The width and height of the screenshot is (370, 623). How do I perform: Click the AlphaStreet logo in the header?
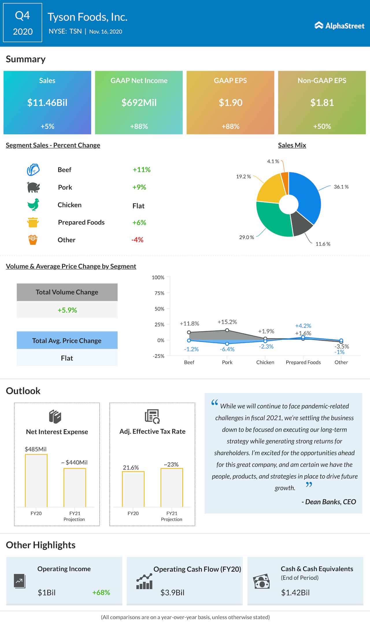(x=339, y=26)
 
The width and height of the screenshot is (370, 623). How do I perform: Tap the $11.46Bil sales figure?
(x=47, y=103)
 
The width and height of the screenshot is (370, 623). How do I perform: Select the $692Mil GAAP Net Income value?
(x=139, y=103)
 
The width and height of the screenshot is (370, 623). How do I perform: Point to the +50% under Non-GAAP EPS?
(x=322, y=126)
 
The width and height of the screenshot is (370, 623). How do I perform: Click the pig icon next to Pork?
(x=33, y=187)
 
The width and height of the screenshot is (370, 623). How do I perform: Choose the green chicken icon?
(x=33, y=205)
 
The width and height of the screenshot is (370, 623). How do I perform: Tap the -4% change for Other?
(x=137, y=240)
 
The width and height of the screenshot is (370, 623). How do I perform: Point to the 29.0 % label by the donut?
(x=247, y=237)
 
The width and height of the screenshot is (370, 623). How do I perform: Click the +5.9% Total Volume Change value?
(x=67, y=310)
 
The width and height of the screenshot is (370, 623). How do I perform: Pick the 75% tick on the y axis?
(x=159, y=293)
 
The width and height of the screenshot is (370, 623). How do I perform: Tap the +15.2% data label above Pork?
(x=227, y=322)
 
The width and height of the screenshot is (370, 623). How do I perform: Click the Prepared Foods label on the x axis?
(x=303, y=362)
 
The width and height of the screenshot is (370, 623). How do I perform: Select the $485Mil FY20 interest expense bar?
(x=36, y=480)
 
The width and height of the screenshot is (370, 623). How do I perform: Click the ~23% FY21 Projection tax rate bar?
(x=172, y=487)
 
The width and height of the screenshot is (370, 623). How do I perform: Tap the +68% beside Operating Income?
(x=101, y=593)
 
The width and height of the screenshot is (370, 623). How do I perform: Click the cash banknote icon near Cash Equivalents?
(x=261, y=582)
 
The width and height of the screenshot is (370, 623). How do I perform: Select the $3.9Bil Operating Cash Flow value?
(x=172, y=593)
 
